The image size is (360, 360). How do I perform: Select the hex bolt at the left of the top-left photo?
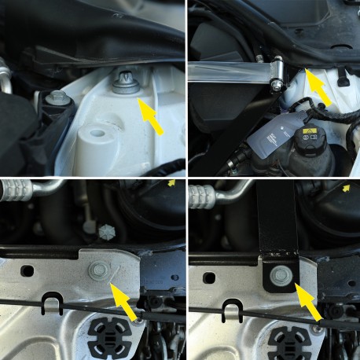[58, 99]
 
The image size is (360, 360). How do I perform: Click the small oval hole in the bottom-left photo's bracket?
[29, 270]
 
